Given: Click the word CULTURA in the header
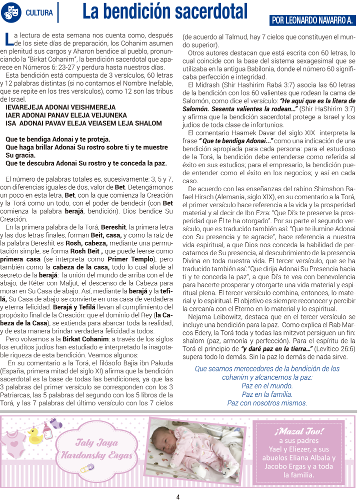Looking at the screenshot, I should click(x=40, y=13).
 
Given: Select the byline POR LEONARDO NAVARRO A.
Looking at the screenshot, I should click(x=312, y=21).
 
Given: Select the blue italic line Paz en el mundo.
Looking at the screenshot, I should click(x=267, y=386).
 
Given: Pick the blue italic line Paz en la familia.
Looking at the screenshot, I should click(x=267, y=394).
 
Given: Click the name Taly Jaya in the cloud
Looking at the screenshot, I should click(x=96, y=442).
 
